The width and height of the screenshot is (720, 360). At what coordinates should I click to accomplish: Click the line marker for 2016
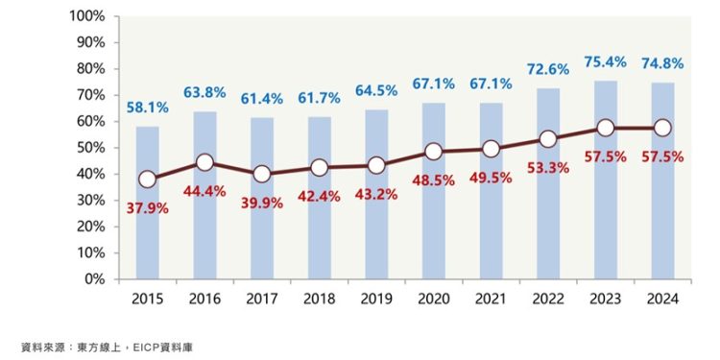(x=204, y=162)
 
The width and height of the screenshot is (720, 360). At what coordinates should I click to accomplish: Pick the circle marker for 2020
(x=433, y=152)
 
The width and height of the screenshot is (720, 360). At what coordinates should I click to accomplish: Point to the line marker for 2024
(x=661, y=128)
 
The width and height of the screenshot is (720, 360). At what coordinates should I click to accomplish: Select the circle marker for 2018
(x=319, y=168)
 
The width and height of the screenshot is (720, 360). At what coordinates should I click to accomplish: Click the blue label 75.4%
(x=605, y=62)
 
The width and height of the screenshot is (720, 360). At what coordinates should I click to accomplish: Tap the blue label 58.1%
(x=147, y=108)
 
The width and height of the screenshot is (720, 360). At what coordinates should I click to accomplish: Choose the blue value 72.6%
(x=548, y=70)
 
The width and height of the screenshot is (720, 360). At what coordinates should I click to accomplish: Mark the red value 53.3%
(x=548, y=167)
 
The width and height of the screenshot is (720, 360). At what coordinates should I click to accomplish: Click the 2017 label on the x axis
(x=261, y=299)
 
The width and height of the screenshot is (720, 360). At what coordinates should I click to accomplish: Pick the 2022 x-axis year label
(x=548, y=299)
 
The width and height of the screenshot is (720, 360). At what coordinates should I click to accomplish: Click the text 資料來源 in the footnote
(x=40, y=345)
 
